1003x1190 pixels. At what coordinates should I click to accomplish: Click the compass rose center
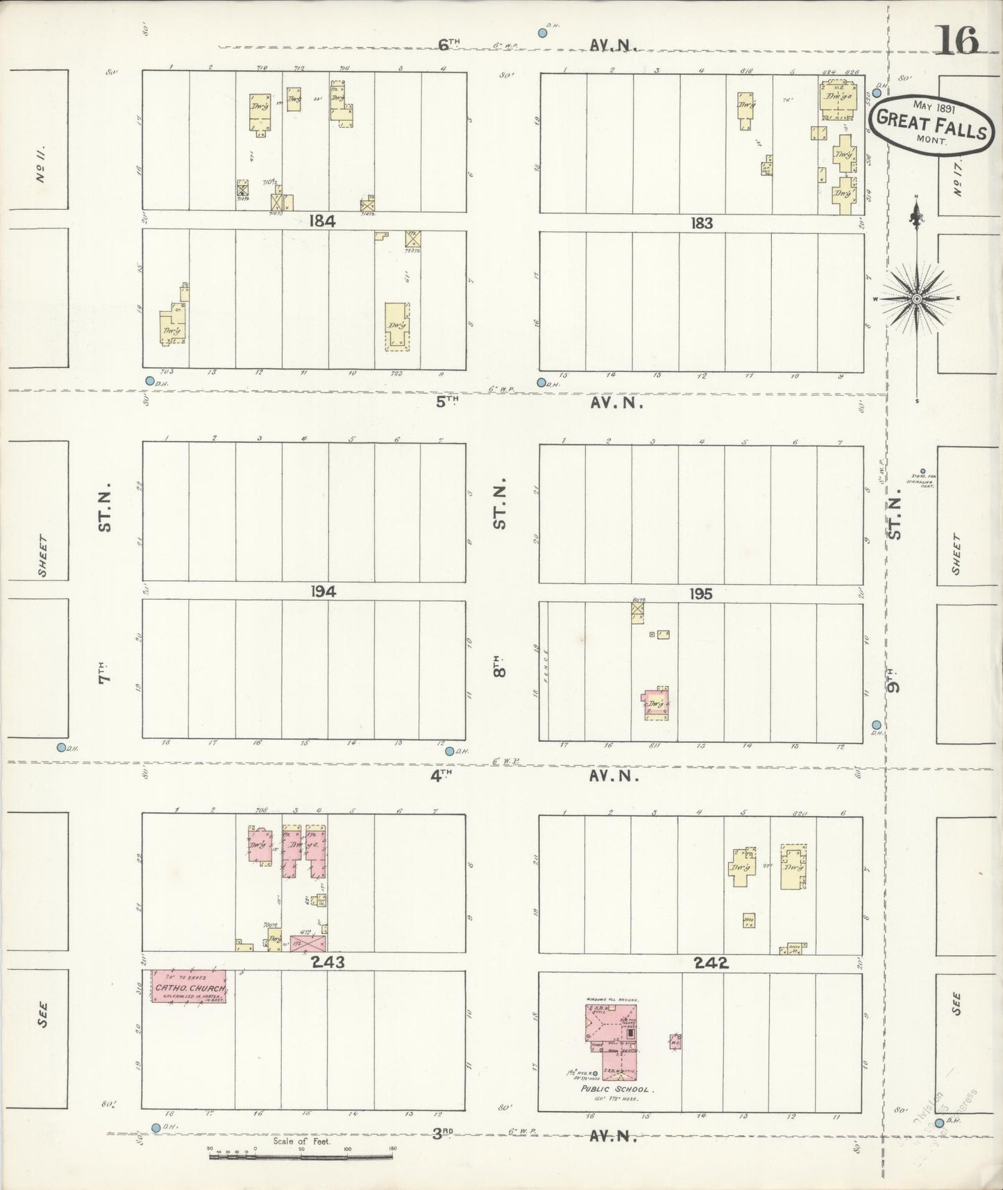[x=916, y=299]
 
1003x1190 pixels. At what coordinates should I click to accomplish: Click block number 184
[x=323, y=221]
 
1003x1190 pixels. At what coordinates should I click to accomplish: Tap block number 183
[x=701, y=224]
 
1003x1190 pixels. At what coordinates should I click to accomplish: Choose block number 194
[x=323, y=592]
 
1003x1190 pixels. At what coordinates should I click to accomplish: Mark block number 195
[x=701, y=594]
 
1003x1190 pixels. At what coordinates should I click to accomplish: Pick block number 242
[x=710, y=963]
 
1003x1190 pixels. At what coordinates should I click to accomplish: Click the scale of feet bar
[x=300, y=1157]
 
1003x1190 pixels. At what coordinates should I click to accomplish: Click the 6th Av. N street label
[x=449, y=44]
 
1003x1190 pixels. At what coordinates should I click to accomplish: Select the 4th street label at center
[x=441, y=776]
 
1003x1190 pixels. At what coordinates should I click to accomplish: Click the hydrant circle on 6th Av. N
[x=543, y=32]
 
